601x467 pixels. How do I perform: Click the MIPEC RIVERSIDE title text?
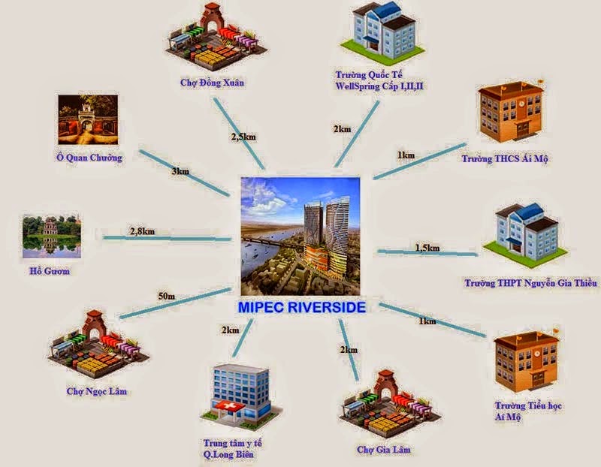click(x=303, y=308)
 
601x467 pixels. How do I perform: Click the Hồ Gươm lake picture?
click(x=51, y=234)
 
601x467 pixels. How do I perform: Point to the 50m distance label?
click(x=166, y=297)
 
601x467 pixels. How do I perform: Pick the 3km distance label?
click(x=180, y=172)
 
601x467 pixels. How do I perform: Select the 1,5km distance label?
click(x=427, y=247)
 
